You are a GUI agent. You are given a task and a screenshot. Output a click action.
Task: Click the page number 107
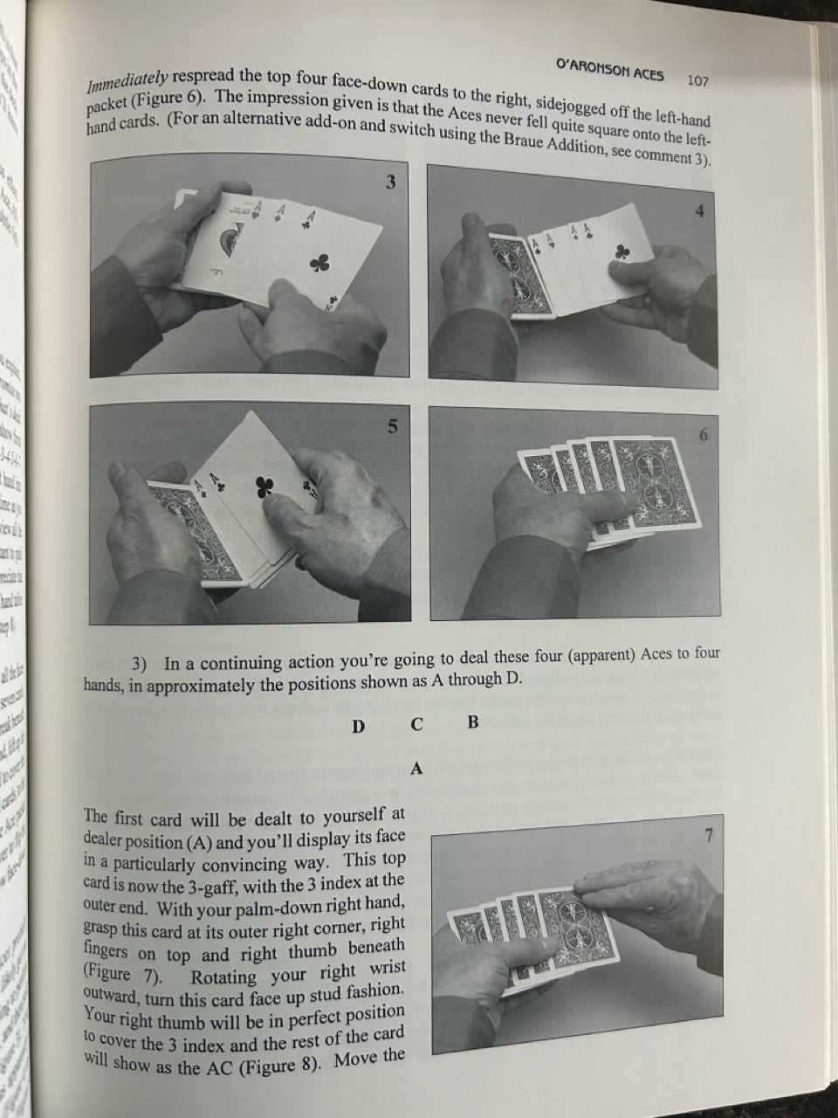point(697,80)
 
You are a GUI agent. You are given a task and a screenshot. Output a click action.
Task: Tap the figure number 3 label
point(390,182)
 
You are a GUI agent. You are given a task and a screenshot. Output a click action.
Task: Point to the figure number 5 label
point(392,427)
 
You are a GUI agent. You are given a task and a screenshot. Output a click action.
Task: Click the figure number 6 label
point(704,436)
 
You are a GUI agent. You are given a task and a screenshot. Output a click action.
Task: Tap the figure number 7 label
point(709,836)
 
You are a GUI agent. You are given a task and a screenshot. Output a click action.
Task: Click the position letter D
point(358,727)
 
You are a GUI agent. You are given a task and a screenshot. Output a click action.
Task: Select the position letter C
point(416,725)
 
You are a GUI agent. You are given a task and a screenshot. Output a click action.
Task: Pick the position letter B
point(472,722)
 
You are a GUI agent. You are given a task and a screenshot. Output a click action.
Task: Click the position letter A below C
point(416,769)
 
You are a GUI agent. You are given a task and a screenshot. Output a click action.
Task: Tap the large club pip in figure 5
point(264,487)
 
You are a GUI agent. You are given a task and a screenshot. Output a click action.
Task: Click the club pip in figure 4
point(622,252)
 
